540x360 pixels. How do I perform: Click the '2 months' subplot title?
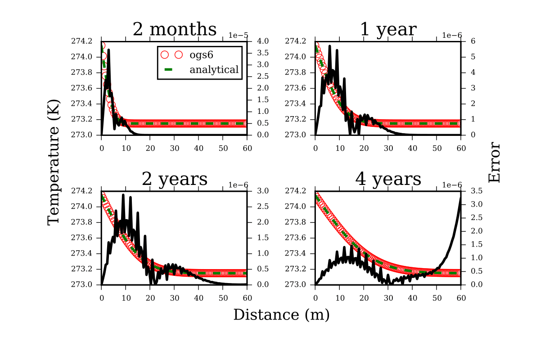(x=175, y=30)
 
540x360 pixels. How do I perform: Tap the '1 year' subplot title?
(x=388, y=30)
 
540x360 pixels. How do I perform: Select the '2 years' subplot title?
(x=175, y=180)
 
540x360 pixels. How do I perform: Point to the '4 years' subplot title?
(x=388, y=180)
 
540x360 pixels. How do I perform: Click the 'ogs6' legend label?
(x=200, y=54)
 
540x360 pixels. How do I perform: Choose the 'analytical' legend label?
(x=214, y=70)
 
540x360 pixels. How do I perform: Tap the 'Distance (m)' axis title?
(x=281, y=315)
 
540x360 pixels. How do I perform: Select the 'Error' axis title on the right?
(x=495, y=162)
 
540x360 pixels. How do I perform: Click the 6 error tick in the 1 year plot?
(x=467, y=41)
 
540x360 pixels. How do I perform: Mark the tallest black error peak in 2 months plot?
(x=108, y=50)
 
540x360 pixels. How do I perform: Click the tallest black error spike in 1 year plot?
(x=330, y=46)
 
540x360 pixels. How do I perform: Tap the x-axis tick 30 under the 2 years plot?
(x=174, y=292)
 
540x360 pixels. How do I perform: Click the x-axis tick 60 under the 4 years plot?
(x=461, y=292)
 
